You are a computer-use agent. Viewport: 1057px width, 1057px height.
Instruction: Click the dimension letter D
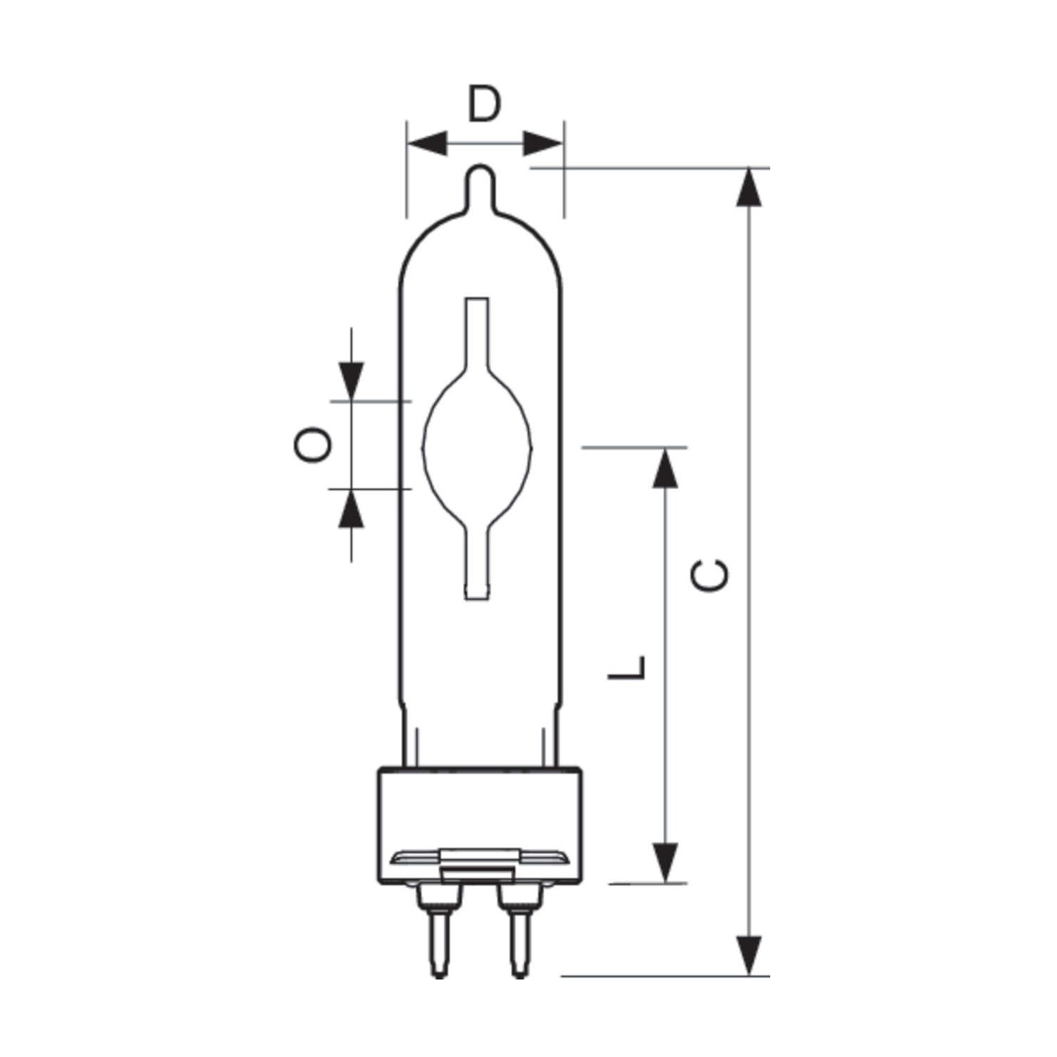click(484, 105)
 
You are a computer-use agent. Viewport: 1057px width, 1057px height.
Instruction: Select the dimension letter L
click(626, 668)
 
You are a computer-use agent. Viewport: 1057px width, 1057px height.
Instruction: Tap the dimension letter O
click(312, 445)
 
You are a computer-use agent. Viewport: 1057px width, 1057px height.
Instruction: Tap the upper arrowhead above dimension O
click(351, 381)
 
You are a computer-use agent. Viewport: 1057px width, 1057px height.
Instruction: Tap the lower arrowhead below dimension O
click(351, 509)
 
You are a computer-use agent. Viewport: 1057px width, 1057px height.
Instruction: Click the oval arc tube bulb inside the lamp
click(477, 445)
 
